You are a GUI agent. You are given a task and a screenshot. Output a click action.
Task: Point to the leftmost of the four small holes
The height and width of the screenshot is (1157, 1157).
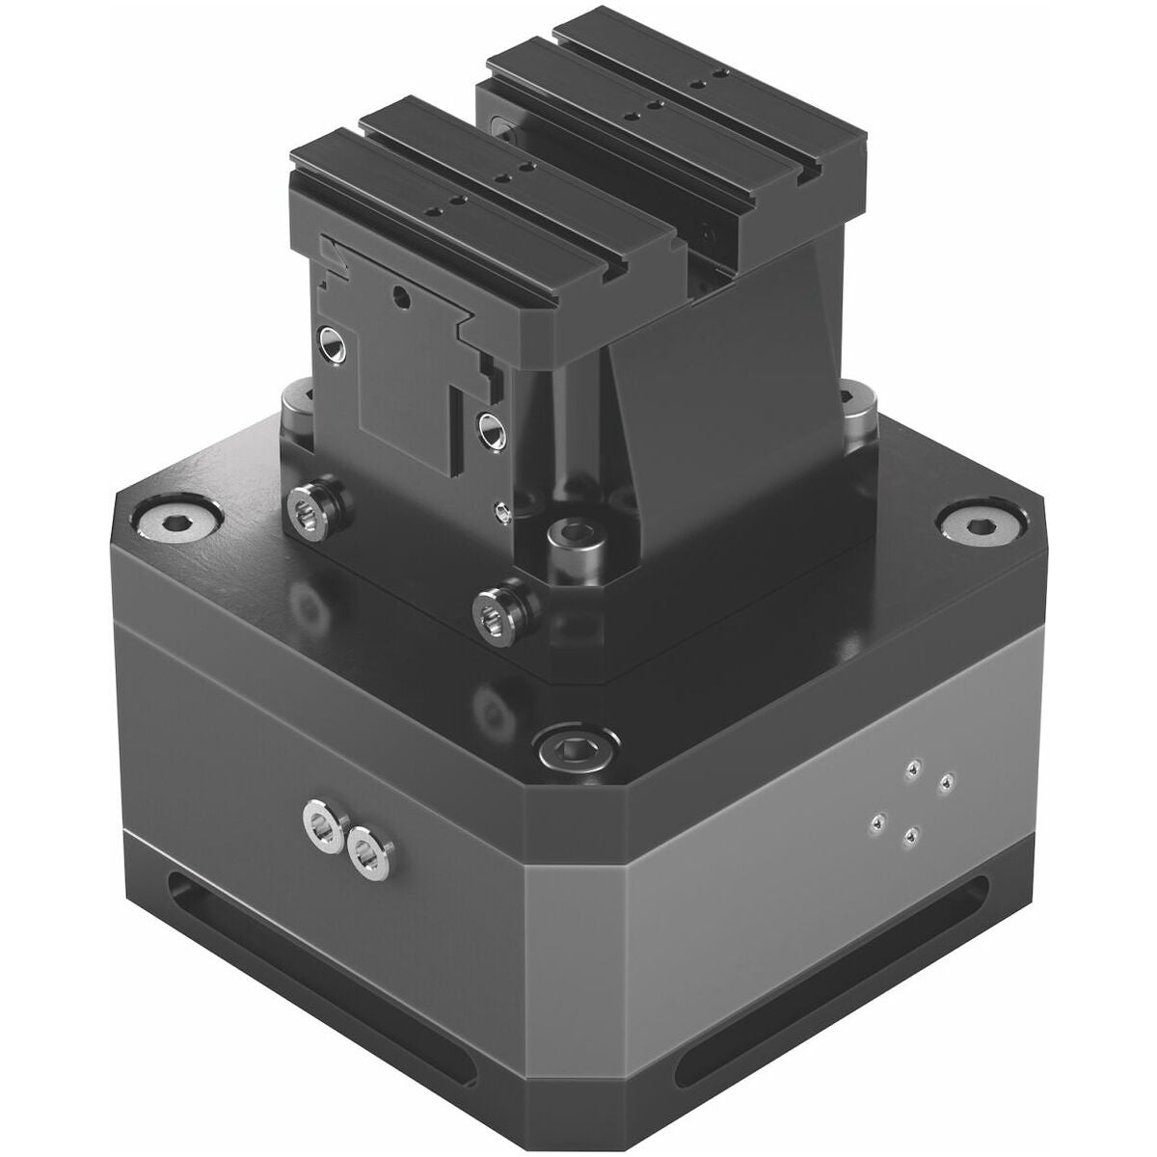click(x=876, y=821)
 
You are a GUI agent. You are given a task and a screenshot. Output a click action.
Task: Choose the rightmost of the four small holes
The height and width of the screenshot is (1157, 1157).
click(x=947, y=780)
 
